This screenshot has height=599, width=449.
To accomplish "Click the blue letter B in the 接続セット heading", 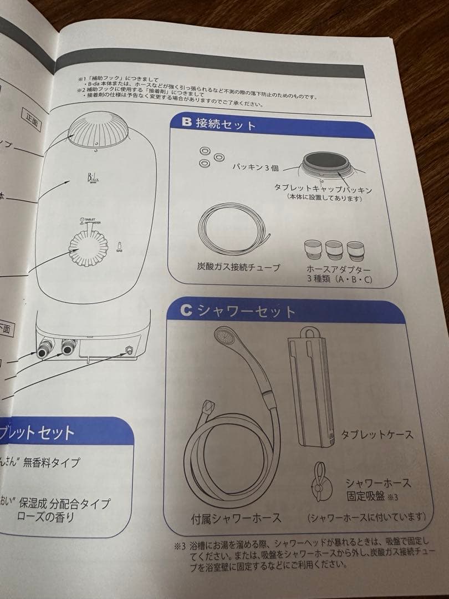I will tap(187, 121).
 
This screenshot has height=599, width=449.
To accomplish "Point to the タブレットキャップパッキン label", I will tap(323, 189).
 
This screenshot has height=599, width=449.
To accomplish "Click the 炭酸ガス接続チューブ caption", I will tap(238, 267).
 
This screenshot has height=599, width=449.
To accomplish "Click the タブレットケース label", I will tap(377, 434).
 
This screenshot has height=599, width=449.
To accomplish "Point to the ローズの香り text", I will tap(47, 517).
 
